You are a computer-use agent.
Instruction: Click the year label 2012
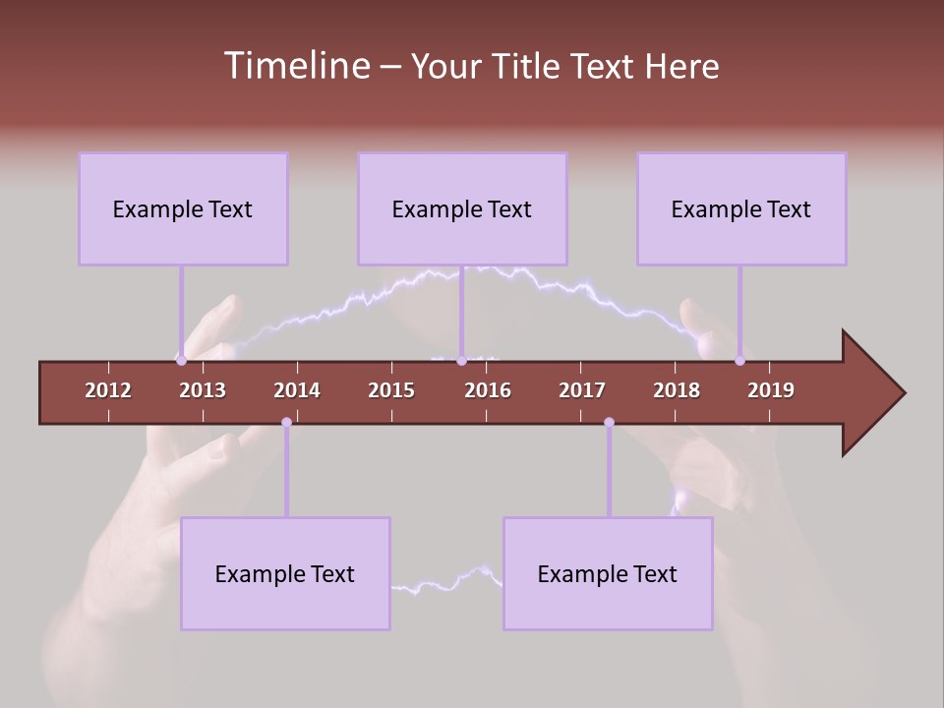coord(108,390)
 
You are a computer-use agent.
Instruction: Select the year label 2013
coord(203,390)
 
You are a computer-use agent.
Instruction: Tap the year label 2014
coord(297,390)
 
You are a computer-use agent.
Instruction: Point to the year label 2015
coord(391,390)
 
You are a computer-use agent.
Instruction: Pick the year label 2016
coord(488,390)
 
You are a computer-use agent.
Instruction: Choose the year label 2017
coord(582,390)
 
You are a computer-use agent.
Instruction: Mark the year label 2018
coord(677,390)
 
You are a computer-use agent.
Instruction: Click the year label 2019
coord(771,390)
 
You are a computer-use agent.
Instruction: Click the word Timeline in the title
coord(296,66)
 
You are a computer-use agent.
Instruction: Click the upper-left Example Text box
coord(183,208)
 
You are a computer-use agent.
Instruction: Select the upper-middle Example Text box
coord(462,208)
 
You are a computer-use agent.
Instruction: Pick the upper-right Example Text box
coord(741,208)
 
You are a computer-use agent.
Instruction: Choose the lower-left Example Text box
coord(285,573)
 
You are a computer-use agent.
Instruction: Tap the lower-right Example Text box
coord(608,573)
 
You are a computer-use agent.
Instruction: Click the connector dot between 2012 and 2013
coord(181,360)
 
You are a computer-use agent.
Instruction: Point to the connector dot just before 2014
coord(286,423)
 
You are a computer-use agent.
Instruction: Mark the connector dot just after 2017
coord(609,423)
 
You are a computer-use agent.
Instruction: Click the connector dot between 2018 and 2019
coord(739,360)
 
